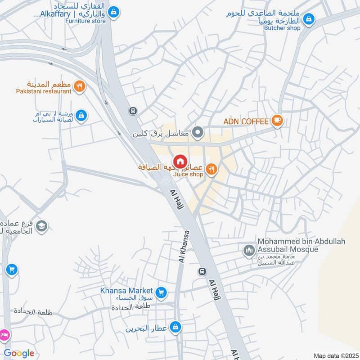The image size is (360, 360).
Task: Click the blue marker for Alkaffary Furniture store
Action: [x=114, y=11]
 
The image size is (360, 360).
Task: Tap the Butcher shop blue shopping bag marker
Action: [x=308, y=19]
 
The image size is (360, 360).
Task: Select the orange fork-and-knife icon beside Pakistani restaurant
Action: [x=80, y=86]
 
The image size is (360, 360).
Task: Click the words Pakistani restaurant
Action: [x=44, y=91]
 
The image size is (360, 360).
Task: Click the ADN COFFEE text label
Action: [x=246, y=121]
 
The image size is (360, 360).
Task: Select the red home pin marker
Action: [x=180, y=161]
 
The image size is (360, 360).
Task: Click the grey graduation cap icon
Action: [x=42, y=225]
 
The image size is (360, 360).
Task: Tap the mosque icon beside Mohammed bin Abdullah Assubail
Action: [x=249, y=250]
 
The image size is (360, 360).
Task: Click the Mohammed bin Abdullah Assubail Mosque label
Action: [x=301, y=246]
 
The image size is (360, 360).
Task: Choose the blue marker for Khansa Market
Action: [x=162, y=293]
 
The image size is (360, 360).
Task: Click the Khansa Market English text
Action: [x=126, y=291]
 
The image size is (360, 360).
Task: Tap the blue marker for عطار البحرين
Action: [x=177, y=327]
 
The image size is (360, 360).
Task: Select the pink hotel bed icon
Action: [x=4, y=335]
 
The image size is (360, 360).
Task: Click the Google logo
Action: [x=19, y=353]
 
